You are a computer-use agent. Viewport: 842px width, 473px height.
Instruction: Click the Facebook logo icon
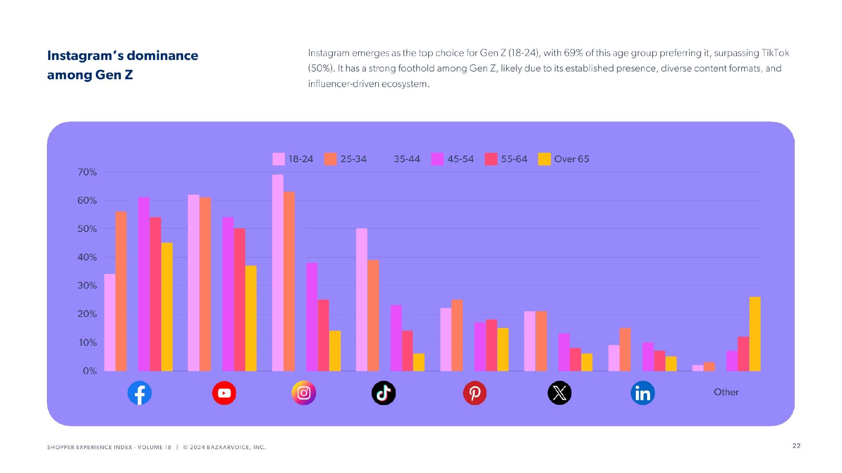pos(139,393)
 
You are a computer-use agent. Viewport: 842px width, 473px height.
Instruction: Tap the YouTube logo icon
pos(224,393)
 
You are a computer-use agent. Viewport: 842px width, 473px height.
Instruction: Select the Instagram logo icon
pos(304,393)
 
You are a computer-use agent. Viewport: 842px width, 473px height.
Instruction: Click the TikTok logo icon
pos(384,393)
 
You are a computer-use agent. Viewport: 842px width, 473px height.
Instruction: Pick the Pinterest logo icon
pos(475,393)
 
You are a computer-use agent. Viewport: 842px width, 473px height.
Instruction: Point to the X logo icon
pos(560,393)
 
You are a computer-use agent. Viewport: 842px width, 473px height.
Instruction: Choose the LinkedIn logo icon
pos(643,393)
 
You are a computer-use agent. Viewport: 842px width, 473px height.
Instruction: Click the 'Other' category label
pos(726,392)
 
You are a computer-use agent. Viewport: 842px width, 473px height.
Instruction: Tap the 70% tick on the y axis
pos(87,172)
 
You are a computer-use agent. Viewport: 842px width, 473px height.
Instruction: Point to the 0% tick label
pos(90,371)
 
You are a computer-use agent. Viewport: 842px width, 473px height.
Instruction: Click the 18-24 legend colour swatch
pos(278,159)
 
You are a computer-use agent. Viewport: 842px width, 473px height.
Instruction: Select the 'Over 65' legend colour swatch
pos(544,159)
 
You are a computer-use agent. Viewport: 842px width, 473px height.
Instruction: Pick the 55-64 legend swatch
pos(491,159)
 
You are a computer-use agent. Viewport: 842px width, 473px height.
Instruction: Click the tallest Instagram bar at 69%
pos(278,273)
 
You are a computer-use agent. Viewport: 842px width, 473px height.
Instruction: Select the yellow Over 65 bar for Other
pos(755,334)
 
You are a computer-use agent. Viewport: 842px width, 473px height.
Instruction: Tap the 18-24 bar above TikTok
pos(361,300)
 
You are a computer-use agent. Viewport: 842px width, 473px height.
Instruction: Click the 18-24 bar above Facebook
pos(110,322)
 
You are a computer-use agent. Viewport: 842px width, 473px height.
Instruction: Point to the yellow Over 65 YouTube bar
pos(251,318)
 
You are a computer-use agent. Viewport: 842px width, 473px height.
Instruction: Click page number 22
pos(796,446)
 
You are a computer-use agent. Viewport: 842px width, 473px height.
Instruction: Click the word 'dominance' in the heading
pos(162,55)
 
